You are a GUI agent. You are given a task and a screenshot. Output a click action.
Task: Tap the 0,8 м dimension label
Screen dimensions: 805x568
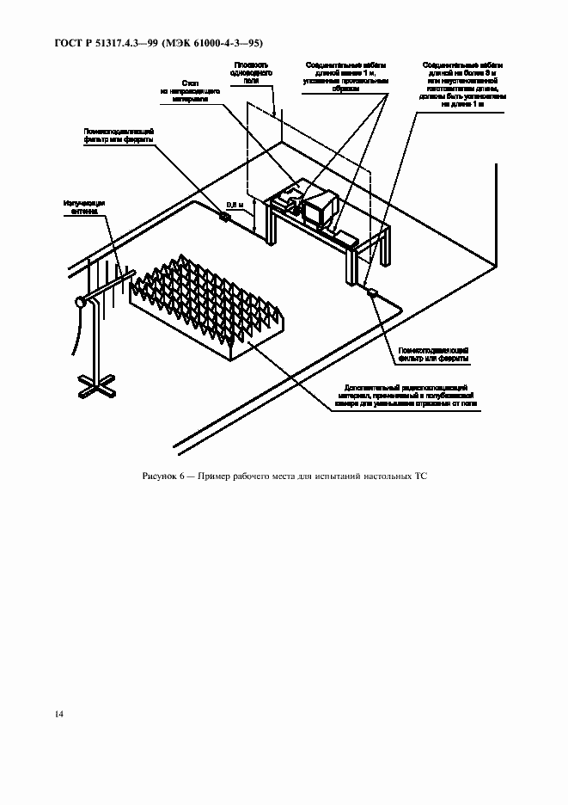coord(235,206)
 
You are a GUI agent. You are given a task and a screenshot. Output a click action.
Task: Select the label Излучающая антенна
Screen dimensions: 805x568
coord(81,206)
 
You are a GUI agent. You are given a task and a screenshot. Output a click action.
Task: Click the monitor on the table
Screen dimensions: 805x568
coord(319,209)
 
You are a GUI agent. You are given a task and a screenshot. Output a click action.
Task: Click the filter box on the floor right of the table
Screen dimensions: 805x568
coord(374,292)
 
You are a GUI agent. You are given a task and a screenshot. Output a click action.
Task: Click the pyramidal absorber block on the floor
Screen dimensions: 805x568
coord(206,301)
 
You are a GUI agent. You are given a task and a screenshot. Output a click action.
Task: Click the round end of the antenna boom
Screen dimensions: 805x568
coord(81,302)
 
